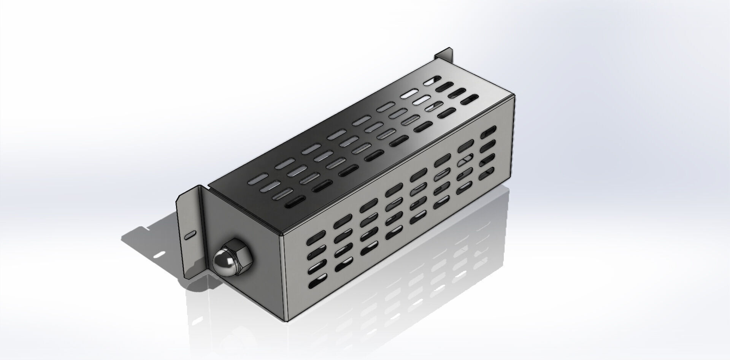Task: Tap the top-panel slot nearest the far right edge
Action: [470, 100]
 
